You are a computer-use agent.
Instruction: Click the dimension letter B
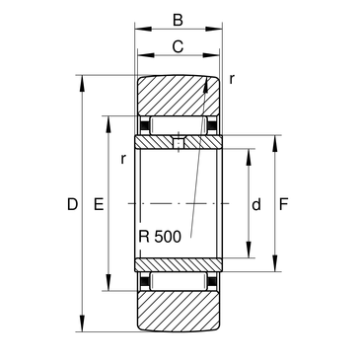pos(178,21)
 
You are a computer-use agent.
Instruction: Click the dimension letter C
pos(178,46)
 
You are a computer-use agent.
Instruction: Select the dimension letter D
pos(72,204)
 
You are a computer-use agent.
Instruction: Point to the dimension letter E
pos(99,204)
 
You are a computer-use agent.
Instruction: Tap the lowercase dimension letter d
pos(256,204)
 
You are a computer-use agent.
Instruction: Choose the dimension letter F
pos(283,204)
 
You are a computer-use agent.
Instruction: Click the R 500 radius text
pos(160,237)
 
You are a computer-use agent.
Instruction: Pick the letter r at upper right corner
pos(232,79)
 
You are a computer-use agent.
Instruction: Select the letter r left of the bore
pos(123,159)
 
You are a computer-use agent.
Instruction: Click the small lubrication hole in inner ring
pos(179,143)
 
